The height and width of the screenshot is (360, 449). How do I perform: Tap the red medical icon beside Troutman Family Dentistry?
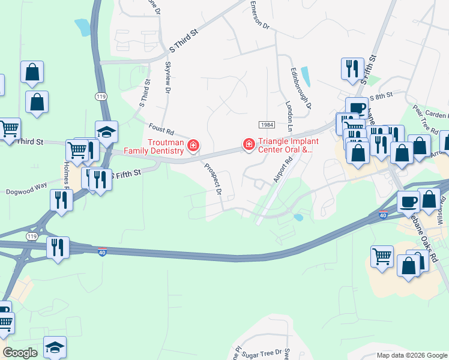point(193,145)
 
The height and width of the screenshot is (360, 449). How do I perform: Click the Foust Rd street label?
point(161,128)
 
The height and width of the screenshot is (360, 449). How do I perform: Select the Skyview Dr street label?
point(167,78)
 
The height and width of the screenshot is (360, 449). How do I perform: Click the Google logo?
point(20,353)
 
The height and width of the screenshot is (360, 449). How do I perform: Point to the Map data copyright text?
point(412,355)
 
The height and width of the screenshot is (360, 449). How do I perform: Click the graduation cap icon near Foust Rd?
point(106,133)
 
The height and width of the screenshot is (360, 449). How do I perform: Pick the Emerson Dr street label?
point(259,16)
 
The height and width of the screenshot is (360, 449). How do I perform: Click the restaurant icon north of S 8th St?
point(352,68)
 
